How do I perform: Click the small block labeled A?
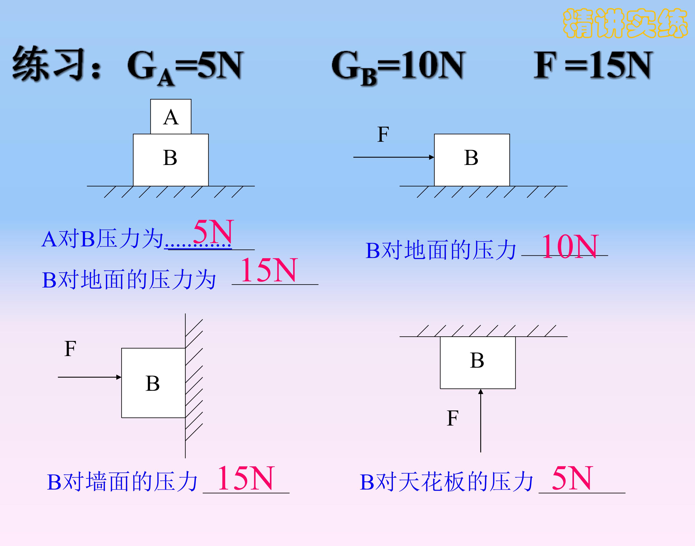click(171, 117)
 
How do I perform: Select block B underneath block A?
click(171, 160)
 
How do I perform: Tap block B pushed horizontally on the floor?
click(472, 160)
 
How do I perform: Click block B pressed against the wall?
click(153, 383)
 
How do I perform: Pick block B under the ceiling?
click(478, 363)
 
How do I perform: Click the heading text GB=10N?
click(398, 67)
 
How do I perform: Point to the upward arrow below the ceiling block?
click(480, 421)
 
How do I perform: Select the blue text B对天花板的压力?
click(446, 482)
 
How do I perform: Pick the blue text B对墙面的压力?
click(122, 482)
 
